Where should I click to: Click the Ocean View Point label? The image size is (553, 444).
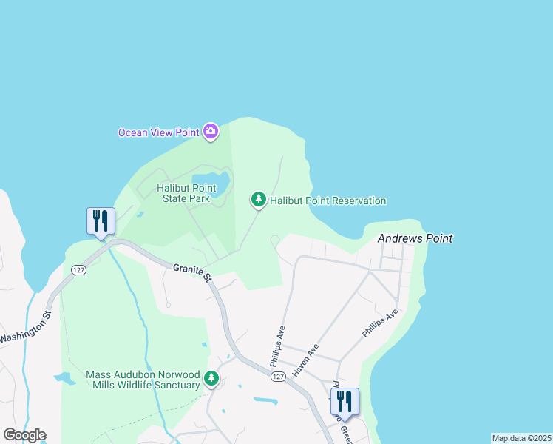tap(159, 132)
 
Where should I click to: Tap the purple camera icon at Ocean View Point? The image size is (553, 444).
tap(211, 132)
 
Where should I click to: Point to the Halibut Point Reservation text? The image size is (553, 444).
tap(328, 201)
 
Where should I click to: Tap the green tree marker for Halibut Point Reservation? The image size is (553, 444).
tap(259, 199)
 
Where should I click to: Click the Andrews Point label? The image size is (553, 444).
tap(415, 238)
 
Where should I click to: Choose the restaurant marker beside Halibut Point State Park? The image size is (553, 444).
tap(101, 221)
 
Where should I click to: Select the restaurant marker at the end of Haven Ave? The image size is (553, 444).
tap(344, 402)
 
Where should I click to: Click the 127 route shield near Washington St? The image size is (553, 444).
tap(78, 270)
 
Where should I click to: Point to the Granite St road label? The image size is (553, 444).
tap(192, 272)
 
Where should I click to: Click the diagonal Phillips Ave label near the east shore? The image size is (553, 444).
tap(380, 323)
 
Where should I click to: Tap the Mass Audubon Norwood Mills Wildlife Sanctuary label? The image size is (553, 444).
tap(143, 380)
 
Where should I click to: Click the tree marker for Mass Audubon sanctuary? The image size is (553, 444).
tap(212, 379)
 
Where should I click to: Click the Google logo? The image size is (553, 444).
tap(24, 435)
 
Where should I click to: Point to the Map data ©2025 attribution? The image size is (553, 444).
tap(520, 438)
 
